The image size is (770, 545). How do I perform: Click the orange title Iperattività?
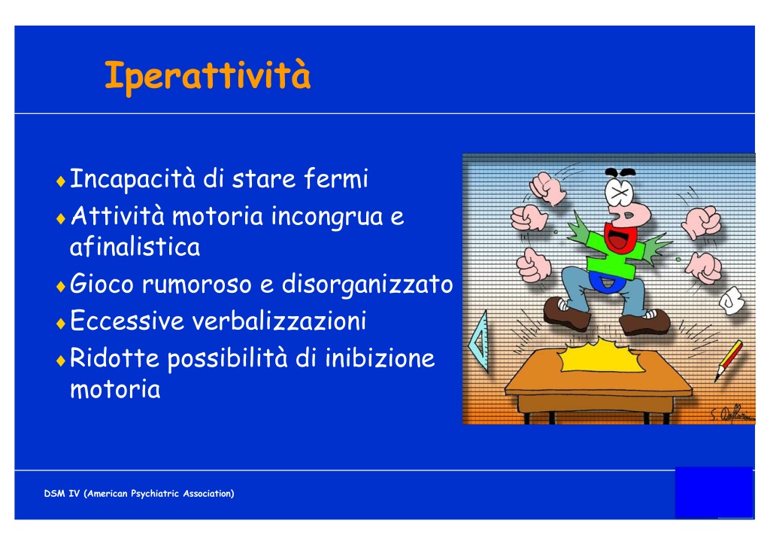point(208,76)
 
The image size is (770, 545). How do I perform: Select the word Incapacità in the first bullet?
point(132,179)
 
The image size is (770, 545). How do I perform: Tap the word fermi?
point(336,178)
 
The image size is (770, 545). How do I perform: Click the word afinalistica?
point(135,246)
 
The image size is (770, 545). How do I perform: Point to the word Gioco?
point(102,284)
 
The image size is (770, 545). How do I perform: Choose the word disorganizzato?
point(367,284)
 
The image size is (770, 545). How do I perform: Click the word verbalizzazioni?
point(279,321)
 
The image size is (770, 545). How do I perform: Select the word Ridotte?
point(114,358)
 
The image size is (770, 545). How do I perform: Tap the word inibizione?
point(380,358)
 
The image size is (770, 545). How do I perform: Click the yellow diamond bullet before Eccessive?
point(61,324)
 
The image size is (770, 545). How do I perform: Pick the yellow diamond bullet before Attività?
point(61,219)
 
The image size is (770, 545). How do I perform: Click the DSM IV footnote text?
point(139,493)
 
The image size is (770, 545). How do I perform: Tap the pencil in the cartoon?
point(728,361)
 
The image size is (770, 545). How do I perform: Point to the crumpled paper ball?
point(732,300)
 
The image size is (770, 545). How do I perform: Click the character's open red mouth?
point(620,238)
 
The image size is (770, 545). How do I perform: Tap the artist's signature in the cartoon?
point(732,414)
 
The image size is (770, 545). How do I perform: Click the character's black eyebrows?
point(620,172)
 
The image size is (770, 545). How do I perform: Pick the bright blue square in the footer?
point(714,492)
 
